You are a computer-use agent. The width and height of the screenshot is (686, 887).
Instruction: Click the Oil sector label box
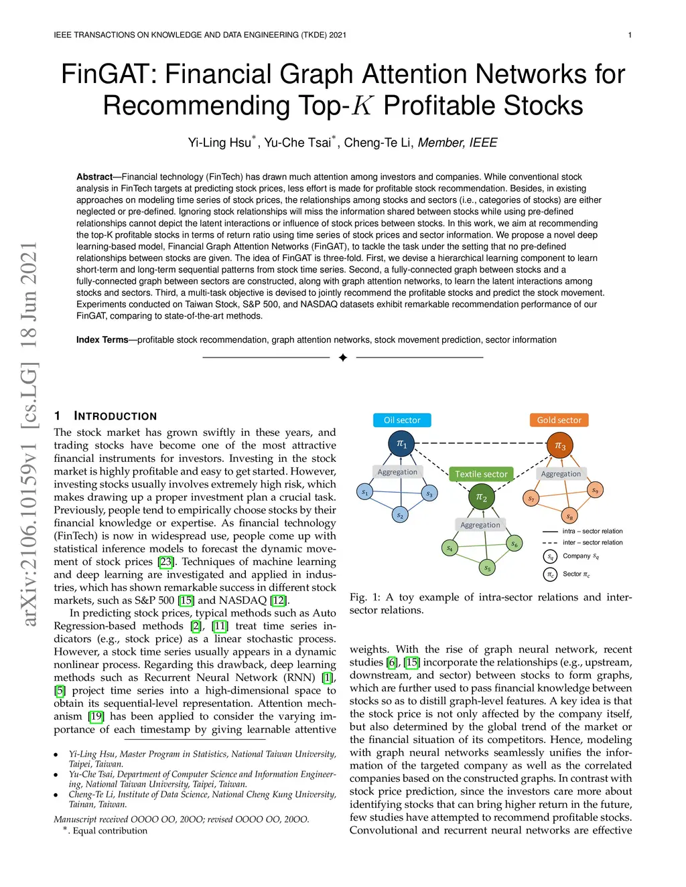click(402, 420)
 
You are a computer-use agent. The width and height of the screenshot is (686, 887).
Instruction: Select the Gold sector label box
click(559, 420)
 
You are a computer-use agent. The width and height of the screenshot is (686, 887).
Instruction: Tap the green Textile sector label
click(481, 474)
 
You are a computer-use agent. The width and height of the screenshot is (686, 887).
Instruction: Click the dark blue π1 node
click(401, 443)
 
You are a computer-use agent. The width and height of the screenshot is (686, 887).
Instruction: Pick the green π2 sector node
click(482, 497)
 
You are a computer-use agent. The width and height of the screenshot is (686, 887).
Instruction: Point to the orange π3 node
click(560, 446)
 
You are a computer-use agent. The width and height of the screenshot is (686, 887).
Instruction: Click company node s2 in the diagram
click(400, 515)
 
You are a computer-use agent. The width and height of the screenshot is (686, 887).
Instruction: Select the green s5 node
click(488, 568)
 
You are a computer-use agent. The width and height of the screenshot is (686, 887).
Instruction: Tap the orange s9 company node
click(595, 490)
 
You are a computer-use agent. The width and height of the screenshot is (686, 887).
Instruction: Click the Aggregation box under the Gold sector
click(561, 474)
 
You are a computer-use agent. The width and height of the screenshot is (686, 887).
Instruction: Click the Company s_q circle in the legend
click(550, 556)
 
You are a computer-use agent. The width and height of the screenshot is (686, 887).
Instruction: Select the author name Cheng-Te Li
click(378, 143)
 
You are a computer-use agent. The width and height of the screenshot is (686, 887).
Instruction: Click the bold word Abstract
click(94, 177)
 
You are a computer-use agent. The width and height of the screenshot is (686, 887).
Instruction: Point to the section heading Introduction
click(115, 416)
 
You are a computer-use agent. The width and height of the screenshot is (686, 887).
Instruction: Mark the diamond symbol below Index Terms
click(343, 357)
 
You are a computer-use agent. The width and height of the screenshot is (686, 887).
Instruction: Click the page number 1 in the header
click(630, 35)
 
